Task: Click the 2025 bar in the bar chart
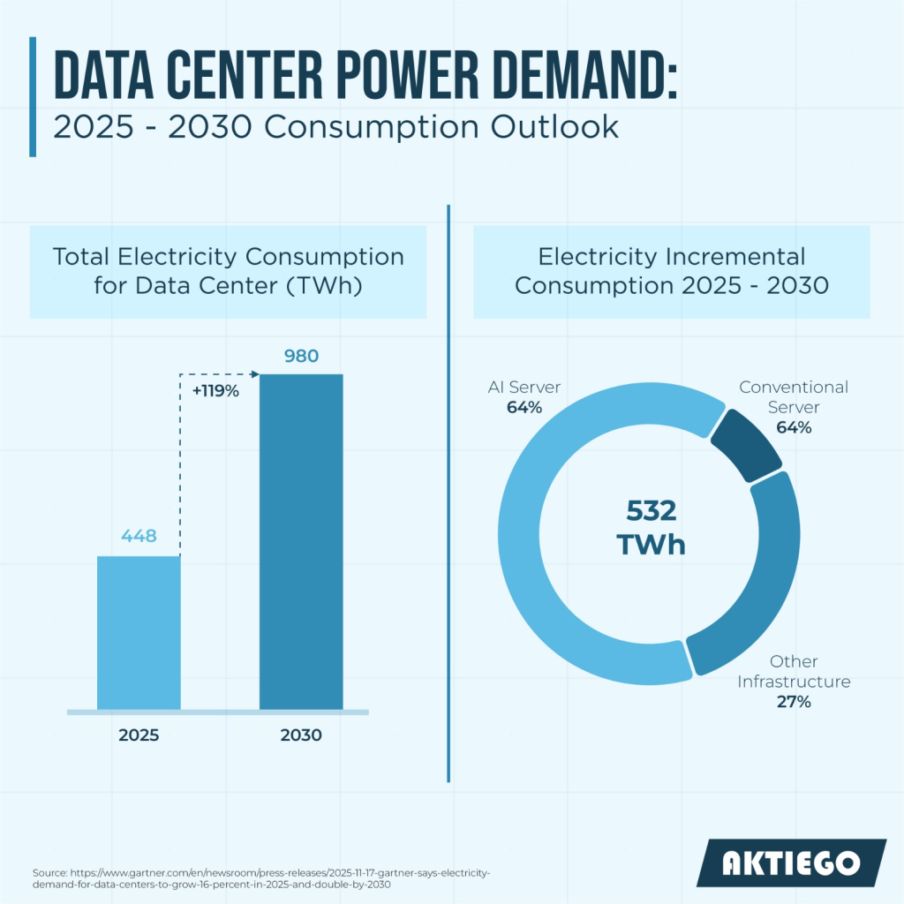[139, 632]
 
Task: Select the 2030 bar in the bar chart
[301, 542]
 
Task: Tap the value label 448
[139, 536]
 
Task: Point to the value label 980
[301, 356]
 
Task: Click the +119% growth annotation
[215, 391]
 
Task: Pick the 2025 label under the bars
[139, 735]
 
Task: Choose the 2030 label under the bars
[301, 735]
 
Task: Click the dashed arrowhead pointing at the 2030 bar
[255, 374]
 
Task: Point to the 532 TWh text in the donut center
[651, 528]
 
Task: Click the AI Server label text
[524, 387]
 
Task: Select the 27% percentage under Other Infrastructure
[794, 702]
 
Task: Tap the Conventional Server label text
[794, 396]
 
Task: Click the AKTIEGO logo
[791, 863]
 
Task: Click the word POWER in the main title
[408, 76]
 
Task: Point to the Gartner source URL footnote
[261, 878]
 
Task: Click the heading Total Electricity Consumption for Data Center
[229, 271]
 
